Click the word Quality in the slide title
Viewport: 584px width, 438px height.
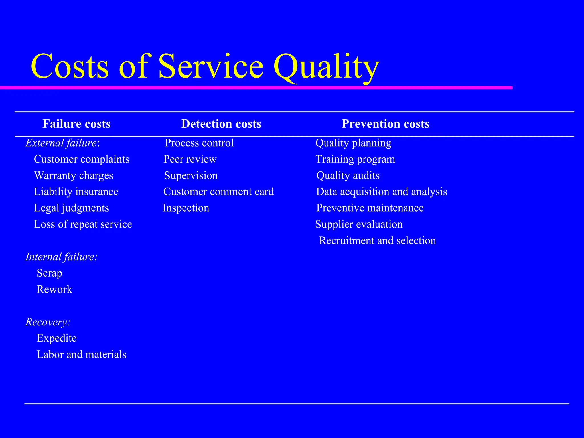click(x=326, y=67)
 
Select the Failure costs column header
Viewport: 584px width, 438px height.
click(x=76, y=124)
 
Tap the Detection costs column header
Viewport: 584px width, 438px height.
click(x=221, y=124)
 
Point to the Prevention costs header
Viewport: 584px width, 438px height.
click(x=386, y=124)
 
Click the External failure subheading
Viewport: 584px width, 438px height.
click(x=62, y=143)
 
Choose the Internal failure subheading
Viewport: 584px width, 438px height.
click(x=62, y=257)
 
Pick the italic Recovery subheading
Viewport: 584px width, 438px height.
click(x=48, y=322)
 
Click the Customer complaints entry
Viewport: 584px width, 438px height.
click(x=82, y=159)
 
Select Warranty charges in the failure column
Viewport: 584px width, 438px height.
click(x=74, y=175)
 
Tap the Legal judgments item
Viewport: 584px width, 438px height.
click(x=71, y=208)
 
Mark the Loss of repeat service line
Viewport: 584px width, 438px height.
click(x=83, y=224)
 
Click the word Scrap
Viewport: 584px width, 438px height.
click(x=49, y=273)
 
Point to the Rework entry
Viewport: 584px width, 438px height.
click(x=54, y=289)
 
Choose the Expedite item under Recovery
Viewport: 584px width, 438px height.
click(x=57, y=338)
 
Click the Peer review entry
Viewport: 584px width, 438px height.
click(x=190, y=159)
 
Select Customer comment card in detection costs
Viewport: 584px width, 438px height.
click(x=218, y=192)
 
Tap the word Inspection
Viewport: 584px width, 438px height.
click(x=186, y=208)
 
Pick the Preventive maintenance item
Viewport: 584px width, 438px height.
click(x=370, y=208)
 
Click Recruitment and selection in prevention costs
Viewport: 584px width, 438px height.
click(x=377, y=241)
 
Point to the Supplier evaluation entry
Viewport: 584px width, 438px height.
click(x=359, y=224)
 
